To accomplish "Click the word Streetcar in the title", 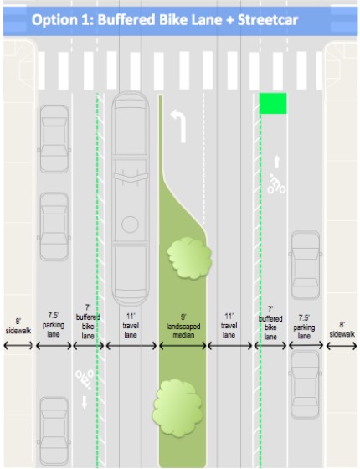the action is (268, 20).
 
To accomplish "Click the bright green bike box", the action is (273, 104).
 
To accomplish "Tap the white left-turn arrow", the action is (179, 126).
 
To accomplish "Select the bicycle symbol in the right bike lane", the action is (276, 184).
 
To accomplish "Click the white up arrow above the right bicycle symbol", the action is (277, 162).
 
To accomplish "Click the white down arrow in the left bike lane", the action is (85, 402).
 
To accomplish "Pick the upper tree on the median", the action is (189, 258).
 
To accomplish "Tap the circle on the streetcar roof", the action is (130, 224).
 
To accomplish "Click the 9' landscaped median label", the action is (183, 326).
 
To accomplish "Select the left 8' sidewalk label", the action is (18, 326).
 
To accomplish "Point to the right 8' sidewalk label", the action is (342, 329).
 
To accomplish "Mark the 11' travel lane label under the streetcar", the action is (131, 326).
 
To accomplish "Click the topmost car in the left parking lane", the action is (54, 139).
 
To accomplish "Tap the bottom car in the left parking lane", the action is (54, 431).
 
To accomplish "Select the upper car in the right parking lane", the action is (306, 265).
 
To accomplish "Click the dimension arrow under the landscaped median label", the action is (183, 346).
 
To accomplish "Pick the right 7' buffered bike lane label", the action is (270, 323).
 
